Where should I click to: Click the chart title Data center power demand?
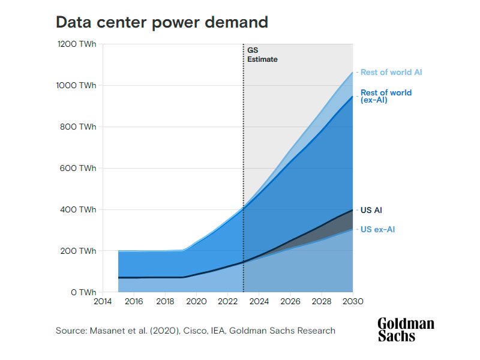[x=161, y=22]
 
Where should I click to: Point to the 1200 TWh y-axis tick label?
[x=77, y=44]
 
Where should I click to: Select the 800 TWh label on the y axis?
[x=79, y=127]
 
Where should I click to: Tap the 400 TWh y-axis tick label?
[x=79, y=210]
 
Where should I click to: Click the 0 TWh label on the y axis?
[x=83, y=293]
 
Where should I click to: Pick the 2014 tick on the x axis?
[x=103, y=301]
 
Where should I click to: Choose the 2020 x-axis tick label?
[x=196, y=301]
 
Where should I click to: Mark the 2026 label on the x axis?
[x=290, y=301]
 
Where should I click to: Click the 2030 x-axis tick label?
[x=353, y=301]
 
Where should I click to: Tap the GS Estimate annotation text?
[x=262, y=55]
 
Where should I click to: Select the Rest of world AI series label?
[x=391, y=72]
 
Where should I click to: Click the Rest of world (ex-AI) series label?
[x=386, y=97]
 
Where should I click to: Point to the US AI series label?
[x=371, y=211]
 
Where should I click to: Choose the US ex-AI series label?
[x=377, y=229]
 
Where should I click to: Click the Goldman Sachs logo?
[x=406, y=330]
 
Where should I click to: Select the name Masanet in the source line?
[x=106, y=331]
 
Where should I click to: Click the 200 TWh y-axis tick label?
[x=79, y=251]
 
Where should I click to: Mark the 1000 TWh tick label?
[x=77, y=86]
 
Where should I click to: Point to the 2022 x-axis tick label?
[x=228, y=301]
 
